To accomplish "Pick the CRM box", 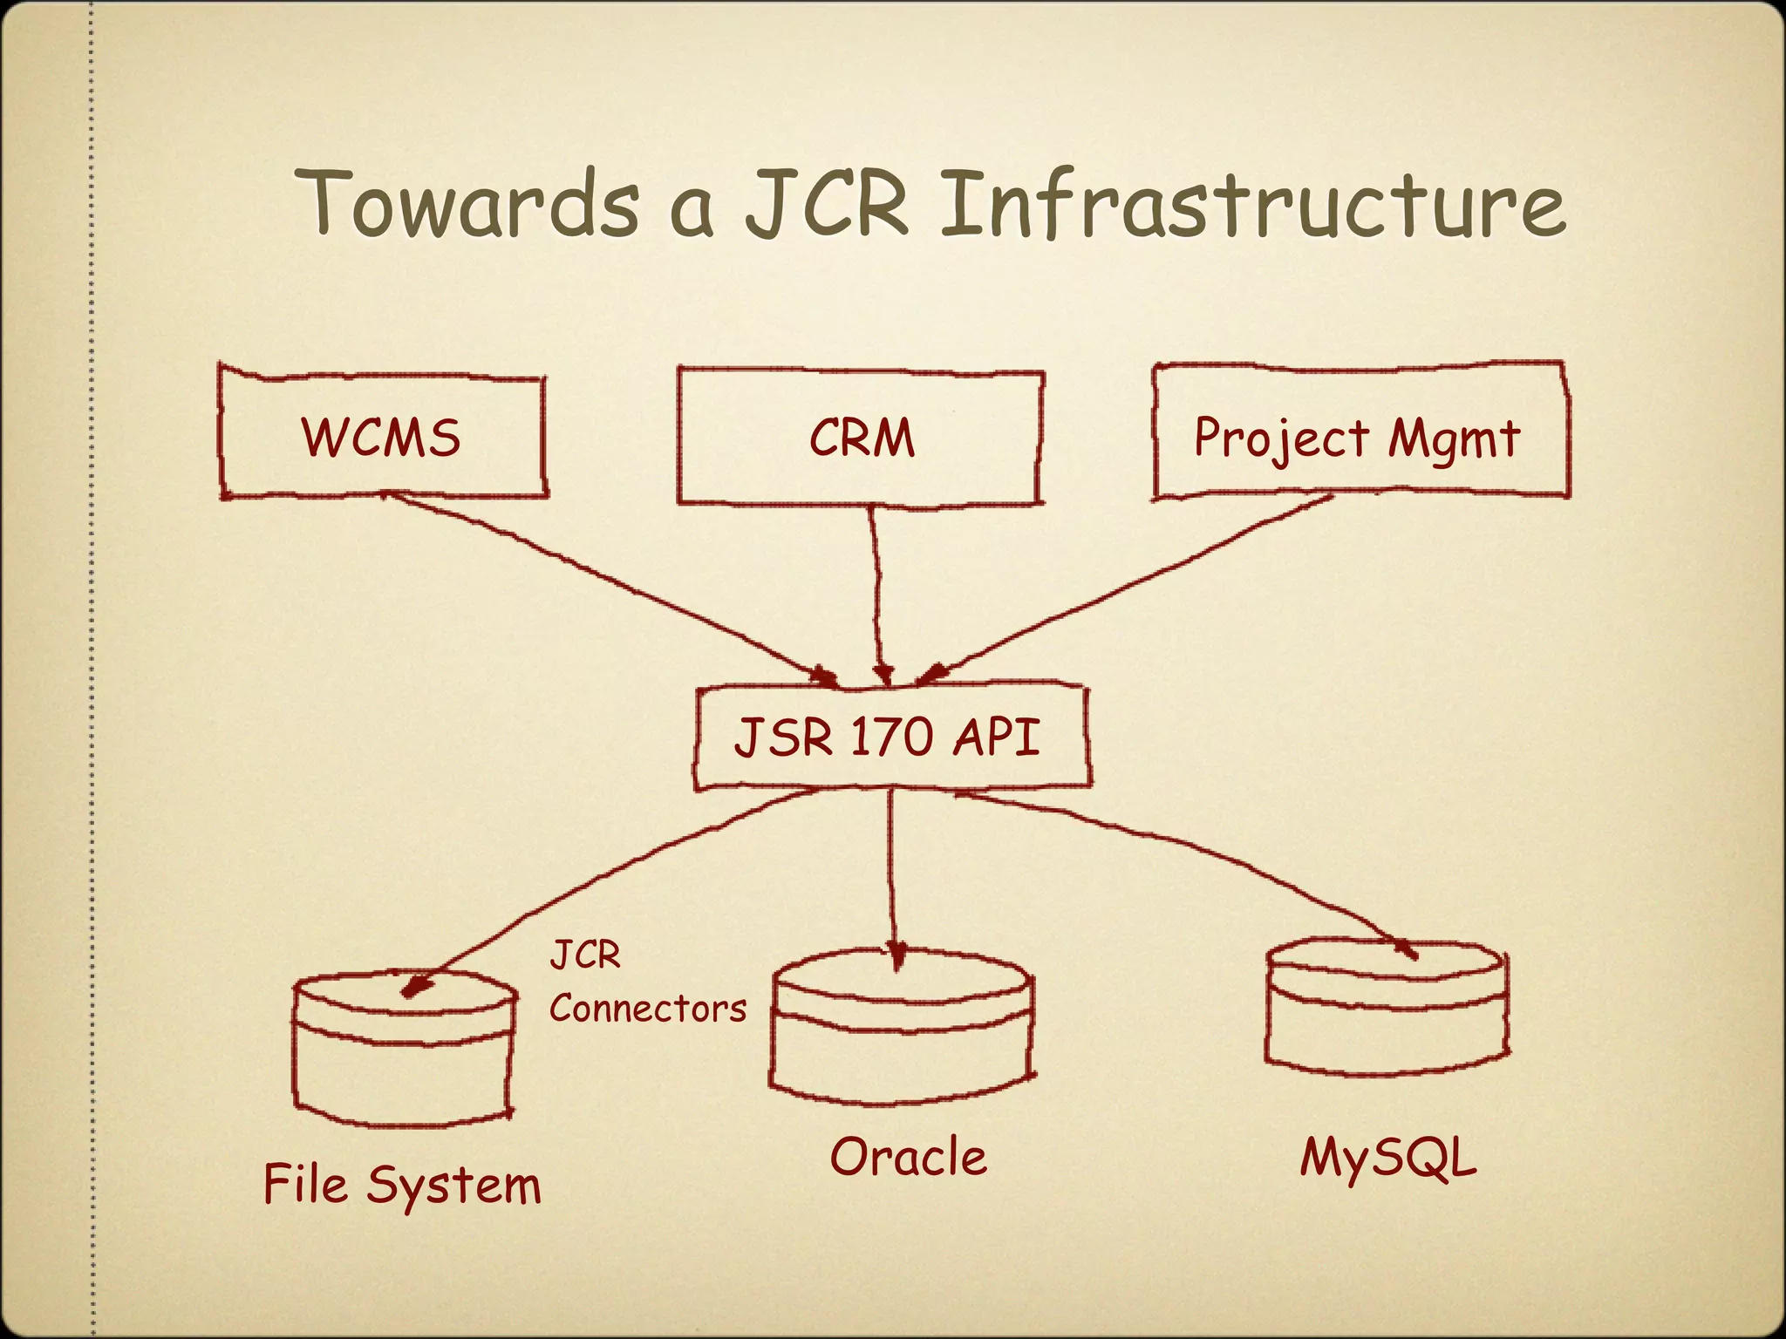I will (x=861, y=437).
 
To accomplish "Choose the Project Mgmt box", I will (x=1358, y=433).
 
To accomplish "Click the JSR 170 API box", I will (x=890, y=737).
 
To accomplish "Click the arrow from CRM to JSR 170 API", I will (x=876, y=593).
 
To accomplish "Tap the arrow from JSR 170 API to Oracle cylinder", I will (x=891, y=872).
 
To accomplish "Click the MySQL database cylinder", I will (x=1387, y=1007).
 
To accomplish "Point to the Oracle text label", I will (x=908, y=1157).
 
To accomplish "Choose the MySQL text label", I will (x=1388, y=1159).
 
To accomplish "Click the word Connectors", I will (x=648, y=1009).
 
